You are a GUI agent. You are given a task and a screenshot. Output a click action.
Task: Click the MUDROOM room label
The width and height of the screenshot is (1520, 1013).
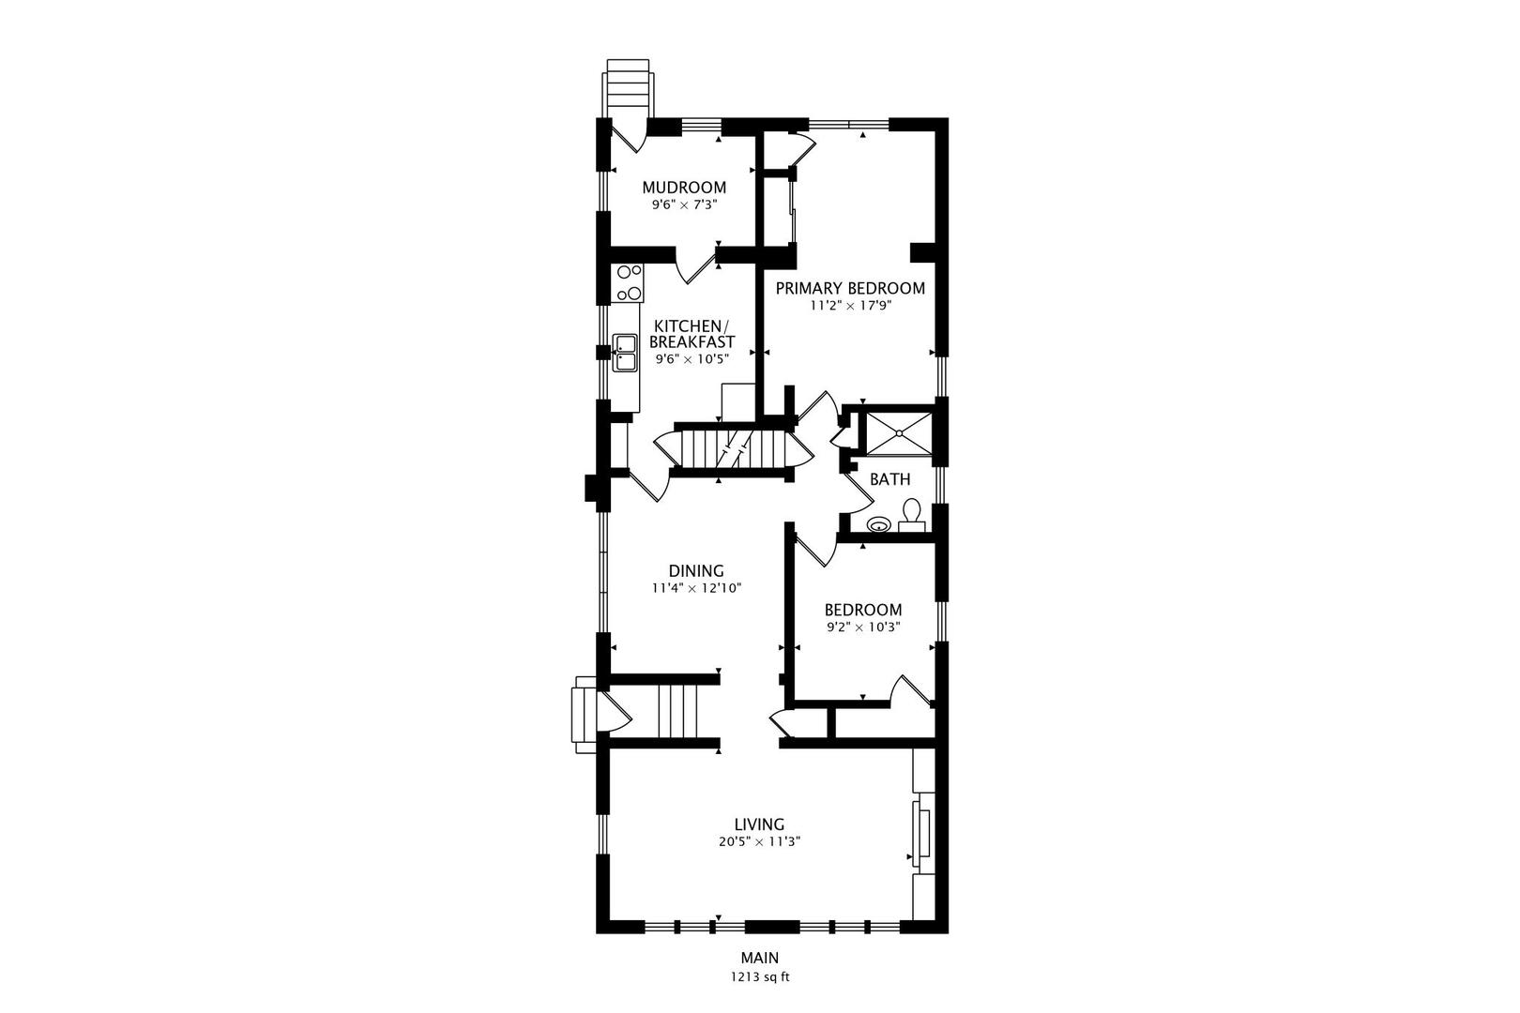684,188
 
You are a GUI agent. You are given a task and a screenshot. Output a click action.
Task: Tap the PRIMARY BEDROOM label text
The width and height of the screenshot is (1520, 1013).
850,288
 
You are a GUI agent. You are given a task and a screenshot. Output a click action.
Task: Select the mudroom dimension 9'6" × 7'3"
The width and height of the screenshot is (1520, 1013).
684,204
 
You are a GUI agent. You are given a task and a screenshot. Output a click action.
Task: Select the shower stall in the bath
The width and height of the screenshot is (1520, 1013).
899,433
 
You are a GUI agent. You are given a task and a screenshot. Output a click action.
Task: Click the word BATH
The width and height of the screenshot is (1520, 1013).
889,479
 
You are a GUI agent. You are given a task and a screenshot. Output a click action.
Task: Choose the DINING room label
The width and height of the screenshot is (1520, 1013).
696,570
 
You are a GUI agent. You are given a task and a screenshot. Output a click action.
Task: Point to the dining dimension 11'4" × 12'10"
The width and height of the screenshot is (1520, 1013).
696,588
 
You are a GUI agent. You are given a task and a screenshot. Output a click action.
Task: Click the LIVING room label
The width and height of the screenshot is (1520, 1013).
759,824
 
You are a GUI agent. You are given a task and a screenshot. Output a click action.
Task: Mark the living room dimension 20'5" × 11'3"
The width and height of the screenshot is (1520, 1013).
759,841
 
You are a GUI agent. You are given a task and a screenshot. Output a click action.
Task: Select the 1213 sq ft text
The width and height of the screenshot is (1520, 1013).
759,976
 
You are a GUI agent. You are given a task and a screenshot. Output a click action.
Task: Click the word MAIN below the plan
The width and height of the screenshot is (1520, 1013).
759,958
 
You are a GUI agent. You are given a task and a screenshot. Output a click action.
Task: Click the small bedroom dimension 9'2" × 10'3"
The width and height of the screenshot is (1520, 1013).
863,627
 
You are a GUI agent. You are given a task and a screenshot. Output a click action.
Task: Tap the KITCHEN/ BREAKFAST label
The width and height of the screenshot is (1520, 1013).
692,334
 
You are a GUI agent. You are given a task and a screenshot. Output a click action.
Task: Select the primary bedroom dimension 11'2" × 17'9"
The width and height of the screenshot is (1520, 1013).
850,305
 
